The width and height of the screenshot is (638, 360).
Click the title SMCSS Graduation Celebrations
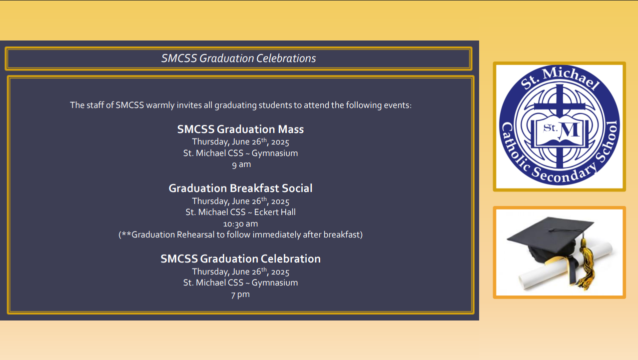coord(239,58)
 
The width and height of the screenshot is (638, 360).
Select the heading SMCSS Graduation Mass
coord(240,129)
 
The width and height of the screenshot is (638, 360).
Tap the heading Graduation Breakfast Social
coord(240,188)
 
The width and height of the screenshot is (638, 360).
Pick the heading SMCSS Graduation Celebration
coord(240,259)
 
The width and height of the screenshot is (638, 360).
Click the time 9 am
coord(241,164)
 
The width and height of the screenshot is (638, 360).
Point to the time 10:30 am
coord(240,224)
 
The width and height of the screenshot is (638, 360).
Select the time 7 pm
coord(240,294)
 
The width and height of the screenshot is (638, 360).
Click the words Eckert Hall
coord(275,212)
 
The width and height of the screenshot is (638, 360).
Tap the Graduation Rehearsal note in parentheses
coord(240,234)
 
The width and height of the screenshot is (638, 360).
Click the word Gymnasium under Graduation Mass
coord(275,153)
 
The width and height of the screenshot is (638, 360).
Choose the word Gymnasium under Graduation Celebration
coord(275,283)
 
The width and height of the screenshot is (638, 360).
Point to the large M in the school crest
coord(570,131)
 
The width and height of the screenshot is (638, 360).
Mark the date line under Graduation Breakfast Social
coord(240,201)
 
